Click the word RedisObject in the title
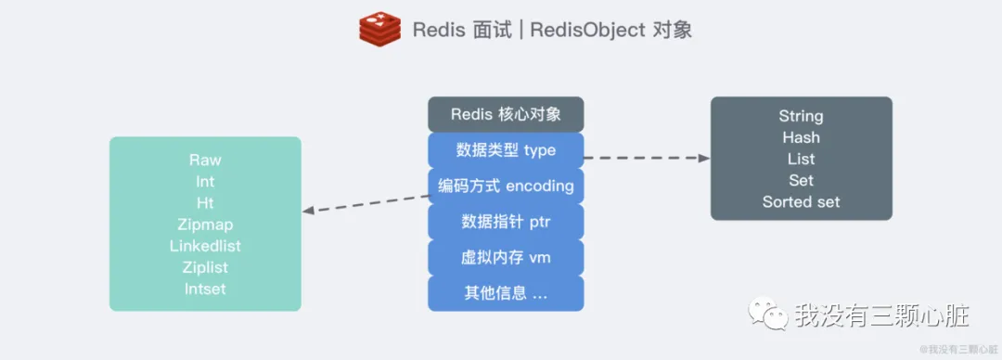(591, 29)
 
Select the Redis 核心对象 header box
(506, 114)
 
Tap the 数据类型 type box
(506, 149)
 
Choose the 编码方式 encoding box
(506, 186)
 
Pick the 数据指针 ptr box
(506, 222)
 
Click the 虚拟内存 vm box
(506, 257)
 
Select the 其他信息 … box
(506, 293)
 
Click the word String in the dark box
(801, 116)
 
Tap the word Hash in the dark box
(801, 137)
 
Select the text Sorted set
(801, 201)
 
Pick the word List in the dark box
(801, 159)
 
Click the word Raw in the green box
(205, 161)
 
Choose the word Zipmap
(205, 225)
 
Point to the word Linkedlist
(205, 246)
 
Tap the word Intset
(205, 289)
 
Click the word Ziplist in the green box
(205, 267)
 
